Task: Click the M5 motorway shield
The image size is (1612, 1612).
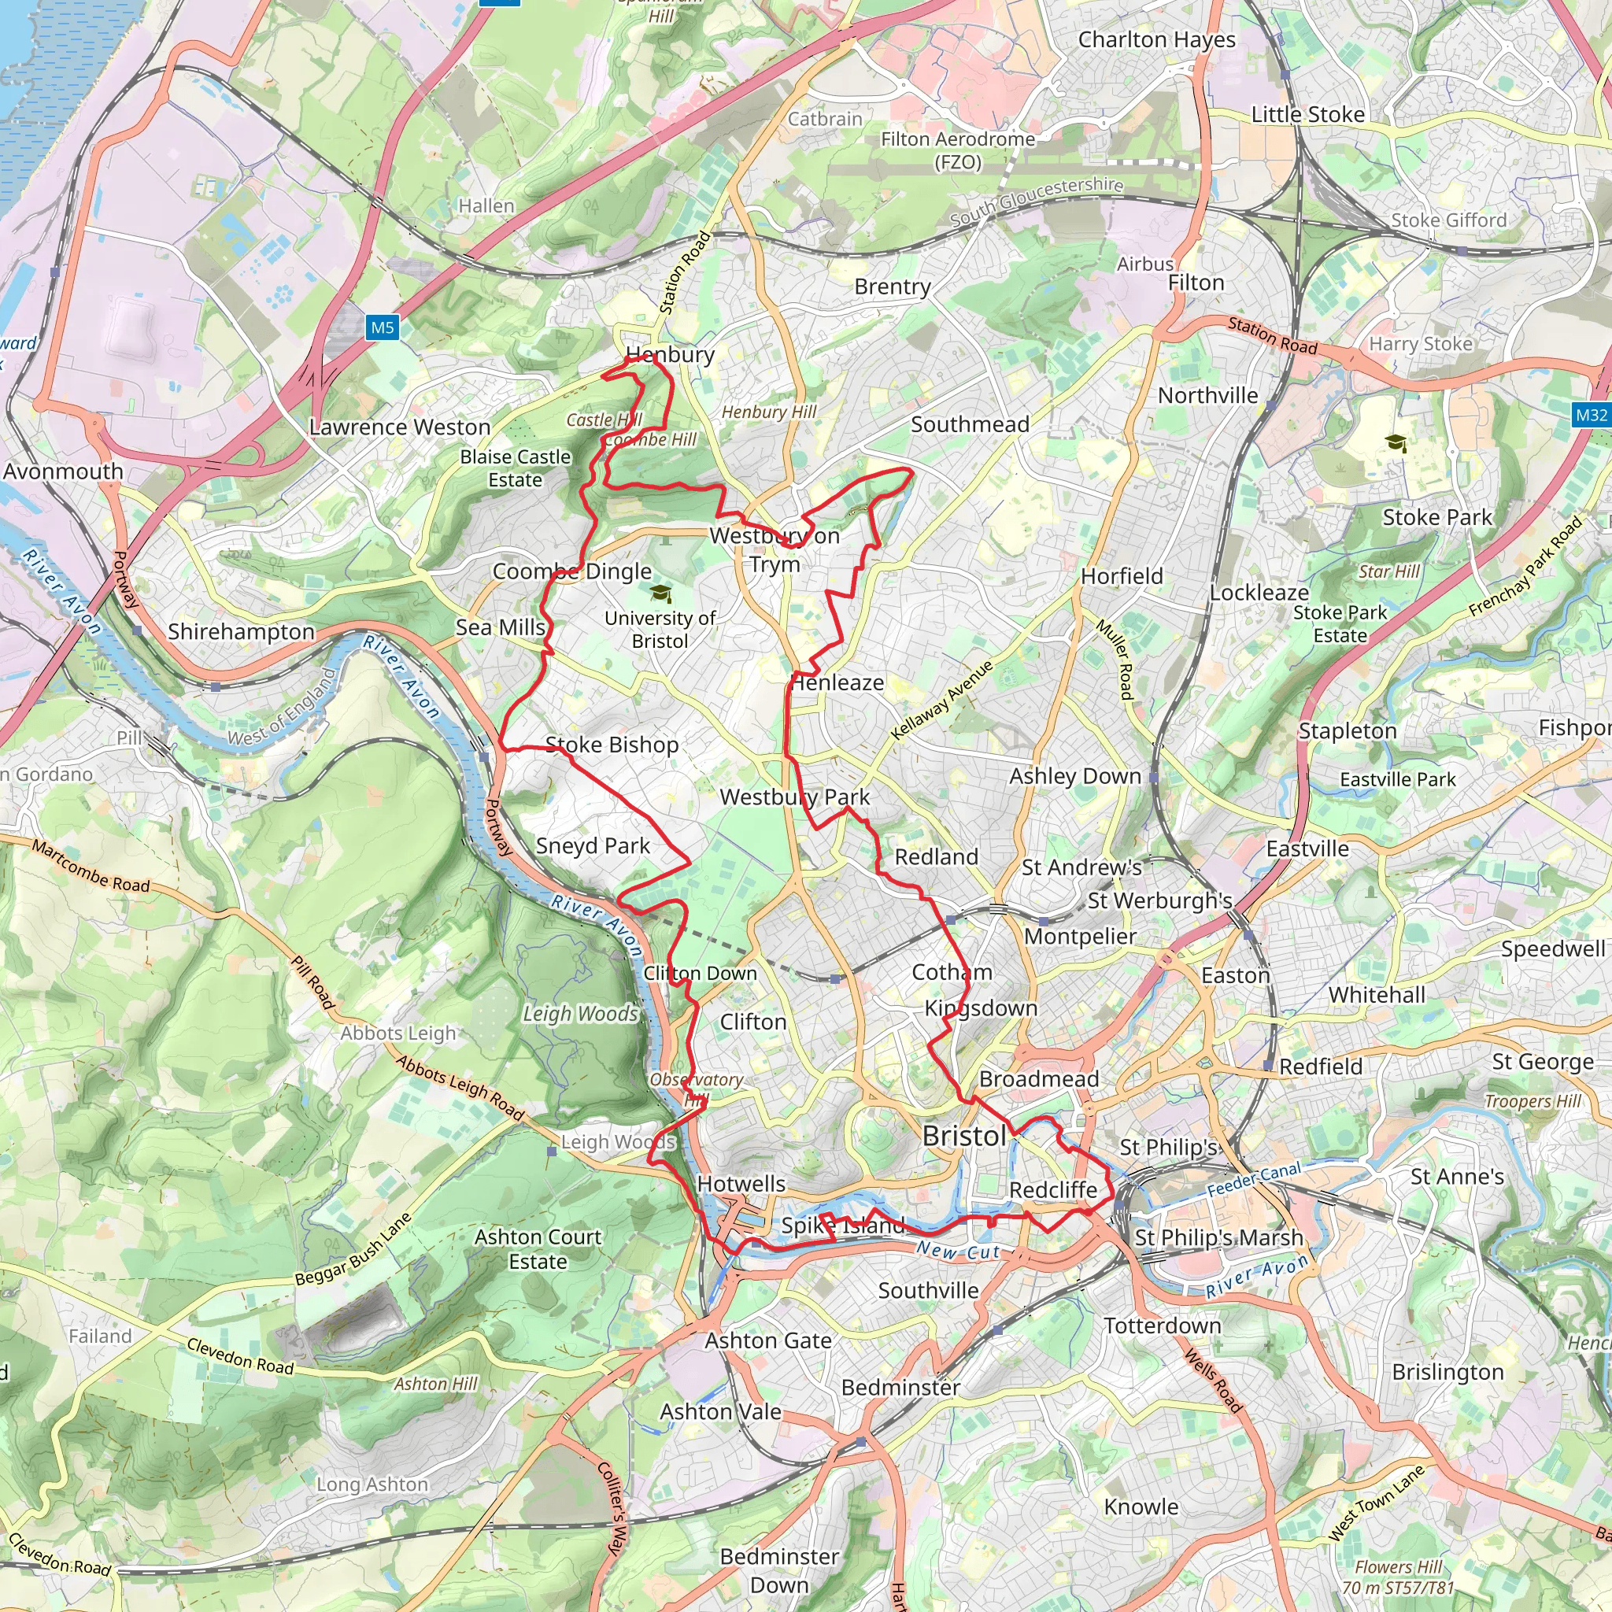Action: click(x=382, y=327)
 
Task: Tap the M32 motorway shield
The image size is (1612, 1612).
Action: click(x=1591, y=415)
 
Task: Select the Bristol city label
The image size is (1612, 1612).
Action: click(x=964, y=1136)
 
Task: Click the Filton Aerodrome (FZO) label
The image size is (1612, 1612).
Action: click(x=958, y=150)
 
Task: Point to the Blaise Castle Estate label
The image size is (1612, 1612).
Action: click(x=515, y=468)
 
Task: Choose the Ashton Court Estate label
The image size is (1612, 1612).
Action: click(x=538, y=1248)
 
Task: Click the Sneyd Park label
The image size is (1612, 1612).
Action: click(x=593, y=845)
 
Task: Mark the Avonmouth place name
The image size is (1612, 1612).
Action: click(x=64, y=471)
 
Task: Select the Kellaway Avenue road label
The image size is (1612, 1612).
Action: click(x=942, y=700)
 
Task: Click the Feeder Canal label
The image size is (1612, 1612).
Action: click(x=1254, y=1179)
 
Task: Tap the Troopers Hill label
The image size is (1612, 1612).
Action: click(x=1533, y=1101)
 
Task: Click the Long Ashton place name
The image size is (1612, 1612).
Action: click(x=372, y=1484)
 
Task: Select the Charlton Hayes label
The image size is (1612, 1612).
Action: click(x=1156, y=39)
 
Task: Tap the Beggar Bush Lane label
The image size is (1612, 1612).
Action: click(x=353, y=1250)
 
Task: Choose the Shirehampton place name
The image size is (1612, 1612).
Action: click(x=241, y=631)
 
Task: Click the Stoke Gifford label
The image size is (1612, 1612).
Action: click(x=1448, y=220)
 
